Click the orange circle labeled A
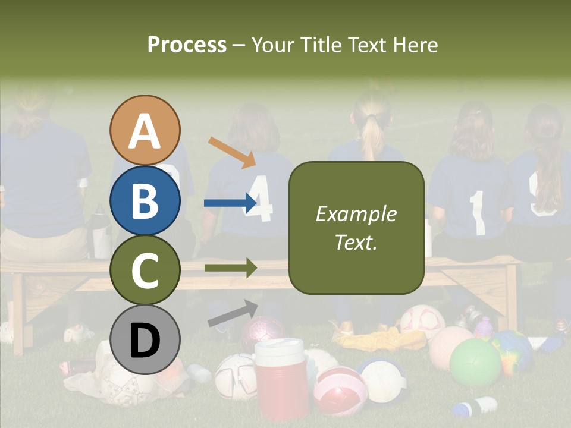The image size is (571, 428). pyautogui.click(x=145, y=131)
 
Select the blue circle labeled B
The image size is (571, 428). pyautogui.click(x=145, y=200)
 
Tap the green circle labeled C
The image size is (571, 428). pyautogui.click(x=145, y=270)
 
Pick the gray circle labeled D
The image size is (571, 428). pyautogui.click(x=145, y=339)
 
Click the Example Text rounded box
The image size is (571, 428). pyautogui.click(x=356, y=228)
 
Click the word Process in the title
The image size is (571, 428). pyautogui.click(x=187, y=45)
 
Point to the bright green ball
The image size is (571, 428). pyautogui.click(x=475, y=363)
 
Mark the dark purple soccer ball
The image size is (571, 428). pyautogui.click(x=264, y=331)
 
